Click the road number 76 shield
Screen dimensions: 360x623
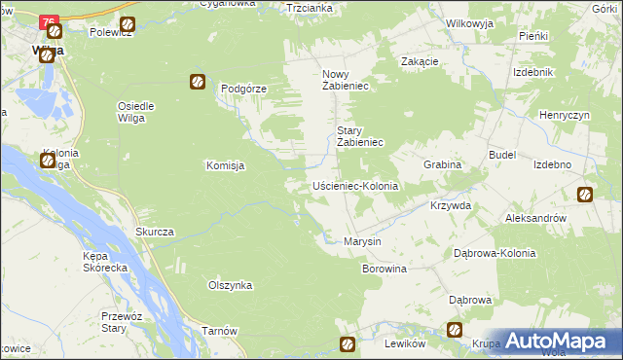click(x=51, y=21)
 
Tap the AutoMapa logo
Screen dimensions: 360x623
click(x=551, y=341)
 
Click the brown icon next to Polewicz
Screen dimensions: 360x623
click(x=127, y=24)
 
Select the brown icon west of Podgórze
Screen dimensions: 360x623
click(x=198, y=83)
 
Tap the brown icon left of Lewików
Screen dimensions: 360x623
click(x=348, y=343)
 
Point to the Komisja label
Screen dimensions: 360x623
click(x=224, y=165)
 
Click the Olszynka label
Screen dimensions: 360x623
click(x=231, y=285)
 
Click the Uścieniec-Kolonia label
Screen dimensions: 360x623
click(x=355, y=185)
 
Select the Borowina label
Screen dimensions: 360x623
click(x=385, y=268)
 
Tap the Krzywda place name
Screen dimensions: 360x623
click(x=451, y=206)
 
